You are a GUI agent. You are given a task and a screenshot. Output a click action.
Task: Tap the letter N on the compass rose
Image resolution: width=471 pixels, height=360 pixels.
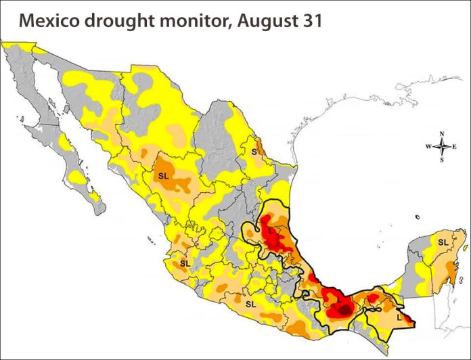[x=442, y=133]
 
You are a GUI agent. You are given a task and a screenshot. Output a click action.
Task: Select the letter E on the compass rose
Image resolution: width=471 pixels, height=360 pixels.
[x=455, y=146]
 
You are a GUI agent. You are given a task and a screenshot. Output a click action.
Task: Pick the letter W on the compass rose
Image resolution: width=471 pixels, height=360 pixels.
[x=428, y=146]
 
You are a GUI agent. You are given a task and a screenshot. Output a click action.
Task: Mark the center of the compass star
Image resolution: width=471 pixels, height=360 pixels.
[x=442, y=146]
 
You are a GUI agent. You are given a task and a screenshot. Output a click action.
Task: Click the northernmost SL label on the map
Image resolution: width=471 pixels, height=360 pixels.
[x=163, y=175]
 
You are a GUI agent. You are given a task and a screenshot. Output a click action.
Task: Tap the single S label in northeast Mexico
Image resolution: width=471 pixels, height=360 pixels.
[x=255, y=152]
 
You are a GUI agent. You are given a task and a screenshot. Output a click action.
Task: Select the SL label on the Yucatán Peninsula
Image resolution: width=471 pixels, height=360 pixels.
[x=443, y=242]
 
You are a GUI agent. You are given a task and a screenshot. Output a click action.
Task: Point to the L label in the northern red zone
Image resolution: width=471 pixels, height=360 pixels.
[x=271, y=231]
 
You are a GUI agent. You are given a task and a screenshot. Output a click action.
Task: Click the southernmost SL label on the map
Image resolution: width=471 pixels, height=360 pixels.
[x=250, y=304]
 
